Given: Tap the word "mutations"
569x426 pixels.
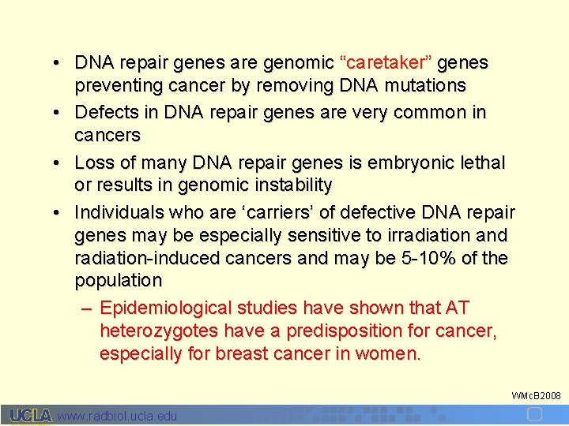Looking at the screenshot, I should (x=428, y=85).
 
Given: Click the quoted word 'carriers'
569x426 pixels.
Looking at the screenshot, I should (x=260, y=213).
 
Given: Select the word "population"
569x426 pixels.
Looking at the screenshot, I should (x=118, y=280).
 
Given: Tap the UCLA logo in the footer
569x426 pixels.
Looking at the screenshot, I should (x=31, y=416).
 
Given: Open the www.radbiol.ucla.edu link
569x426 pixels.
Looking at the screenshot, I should (x=118, y=416).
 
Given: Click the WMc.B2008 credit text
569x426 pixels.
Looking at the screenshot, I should (x=536, y=394).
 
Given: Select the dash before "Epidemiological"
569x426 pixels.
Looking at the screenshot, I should (x=87, y=308).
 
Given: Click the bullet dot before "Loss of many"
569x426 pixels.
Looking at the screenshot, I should (x=58, y=163).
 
